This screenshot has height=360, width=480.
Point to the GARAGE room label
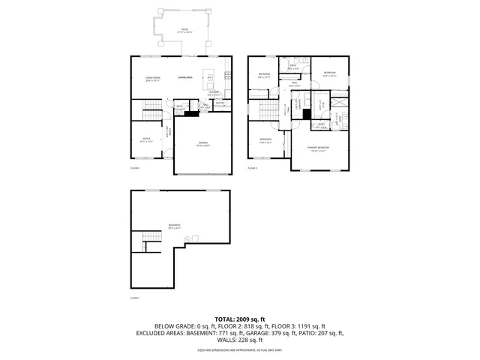[202, 145]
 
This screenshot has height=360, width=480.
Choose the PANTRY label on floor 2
[220, 104]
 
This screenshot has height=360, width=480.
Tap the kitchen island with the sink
[212, 77]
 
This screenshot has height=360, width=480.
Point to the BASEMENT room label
[174, 226]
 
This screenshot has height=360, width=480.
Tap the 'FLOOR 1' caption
[136, 298]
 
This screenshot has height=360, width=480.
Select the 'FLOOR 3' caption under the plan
[253, 168]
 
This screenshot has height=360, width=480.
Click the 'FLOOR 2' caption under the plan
[136, 168]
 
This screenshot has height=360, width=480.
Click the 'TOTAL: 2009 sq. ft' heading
[239, 319]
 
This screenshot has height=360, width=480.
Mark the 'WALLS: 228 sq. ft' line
[239, 340]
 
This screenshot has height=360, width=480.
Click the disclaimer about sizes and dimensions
[239, 349]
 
